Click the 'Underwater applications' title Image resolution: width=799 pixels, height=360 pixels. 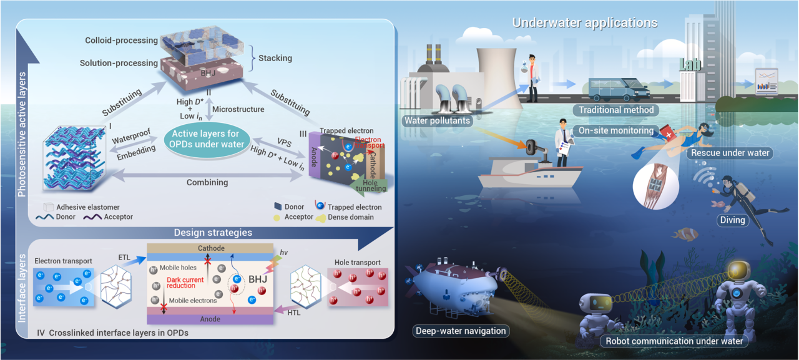click(584, 23)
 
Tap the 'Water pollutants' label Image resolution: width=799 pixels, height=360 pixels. click(437, 120)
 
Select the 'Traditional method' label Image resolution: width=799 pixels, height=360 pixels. click(615, 110)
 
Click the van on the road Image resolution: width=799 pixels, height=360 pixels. click(614, 89)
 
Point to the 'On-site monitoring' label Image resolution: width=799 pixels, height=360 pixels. click(615, 131)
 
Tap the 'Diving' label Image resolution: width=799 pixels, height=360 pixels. click(732, 220)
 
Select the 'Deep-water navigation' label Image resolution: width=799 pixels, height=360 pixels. click(459, 331)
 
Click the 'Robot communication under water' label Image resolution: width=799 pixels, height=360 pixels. click(674, 341)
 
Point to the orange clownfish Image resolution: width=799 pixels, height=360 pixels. click(684, 234)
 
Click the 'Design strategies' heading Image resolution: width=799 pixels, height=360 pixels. click(213, 232)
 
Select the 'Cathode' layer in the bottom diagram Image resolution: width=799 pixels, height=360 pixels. click(211, 248)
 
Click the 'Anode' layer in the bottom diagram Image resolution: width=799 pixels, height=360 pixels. click(211, 319)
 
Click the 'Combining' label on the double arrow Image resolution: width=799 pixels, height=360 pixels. click(207, 183)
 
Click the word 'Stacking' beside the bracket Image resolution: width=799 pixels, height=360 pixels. click(275, 58)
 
